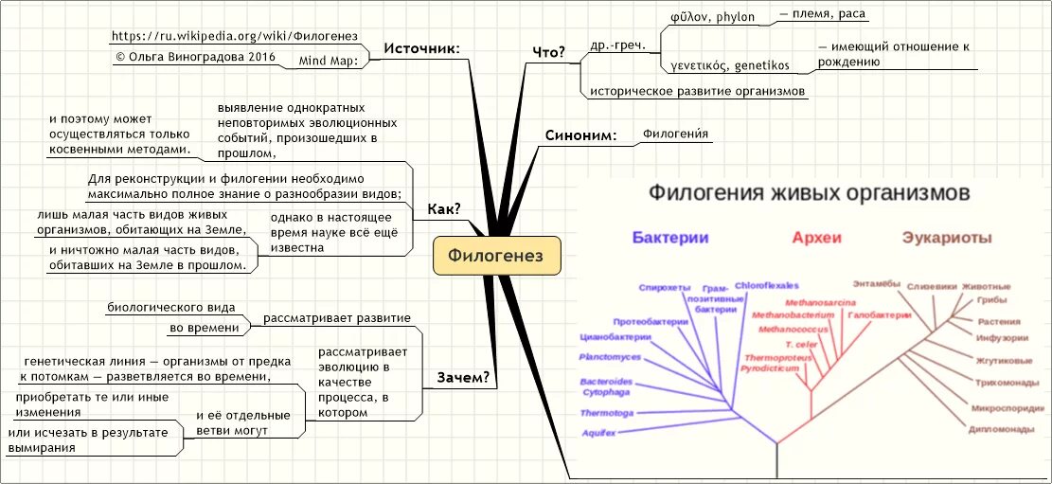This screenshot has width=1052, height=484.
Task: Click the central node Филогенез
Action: [497, 256]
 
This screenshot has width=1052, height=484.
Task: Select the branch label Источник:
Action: [421, 49]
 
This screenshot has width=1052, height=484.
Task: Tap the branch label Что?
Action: [550, 52]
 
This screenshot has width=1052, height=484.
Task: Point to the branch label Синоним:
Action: [580, 135]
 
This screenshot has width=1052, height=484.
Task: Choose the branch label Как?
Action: [444, 209]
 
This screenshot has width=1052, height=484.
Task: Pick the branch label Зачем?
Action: [463, 378]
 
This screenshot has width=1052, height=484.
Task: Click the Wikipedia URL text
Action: [234, 36]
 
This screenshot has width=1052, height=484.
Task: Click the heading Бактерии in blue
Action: [670, 238]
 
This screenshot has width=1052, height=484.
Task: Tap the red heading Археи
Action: [816, 238]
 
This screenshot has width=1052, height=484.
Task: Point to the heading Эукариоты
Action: [947, 238]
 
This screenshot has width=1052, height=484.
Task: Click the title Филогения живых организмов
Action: [808, 193]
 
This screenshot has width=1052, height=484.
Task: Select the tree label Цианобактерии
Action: [615, 337]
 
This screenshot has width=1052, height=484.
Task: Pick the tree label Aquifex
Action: [598, 433]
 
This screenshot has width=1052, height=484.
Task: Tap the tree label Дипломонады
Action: [1001, 429]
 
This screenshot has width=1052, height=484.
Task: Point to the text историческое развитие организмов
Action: [697, 92]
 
